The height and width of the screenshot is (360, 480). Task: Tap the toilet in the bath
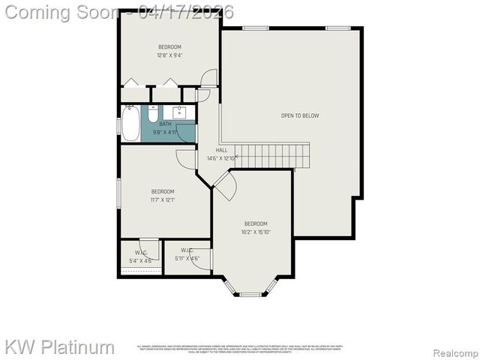click(x=152, y=116)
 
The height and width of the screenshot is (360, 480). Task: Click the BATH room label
click(x=165, y=124)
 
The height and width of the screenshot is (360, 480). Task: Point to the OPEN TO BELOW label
click(x=300, y=115)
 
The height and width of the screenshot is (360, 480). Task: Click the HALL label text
click(x=222, y=150)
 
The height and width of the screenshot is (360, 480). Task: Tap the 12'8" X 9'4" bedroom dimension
click(x=169, y=55)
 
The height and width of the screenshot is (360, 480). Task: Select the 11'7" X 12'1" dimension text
click(x=163, y=199)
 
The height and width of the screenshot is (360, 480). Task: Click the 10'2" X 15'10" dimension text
click(x=256, y=232)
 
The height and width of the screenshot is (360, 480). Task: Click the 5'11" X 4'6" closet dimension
click(x=187, y=259)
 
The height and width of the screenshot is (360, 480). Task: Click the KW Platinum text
click(x=60, y=347)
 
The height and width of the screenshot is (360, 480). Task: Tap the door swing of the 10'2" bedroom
click(x=224, y=186)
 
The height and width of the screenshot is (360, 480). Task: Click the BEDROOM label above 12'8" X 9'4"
click(x=169, y=47)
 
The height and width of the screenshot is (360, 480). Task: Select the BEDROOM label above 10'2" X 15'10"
click(x=256, y=223)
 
